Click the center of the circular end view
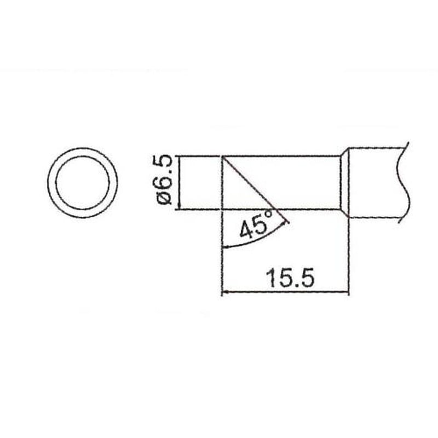coord(82,182)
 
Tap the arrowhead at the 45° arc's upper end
coord(286,221)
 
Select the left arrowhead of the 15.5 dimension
coord(224,292)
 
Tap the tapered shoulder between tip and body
coord(344,182)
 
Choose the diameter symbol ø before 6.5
coord(164,200)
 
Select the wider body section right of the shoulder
coord(375,182)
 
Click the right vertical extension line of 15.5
coord(349,257)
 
